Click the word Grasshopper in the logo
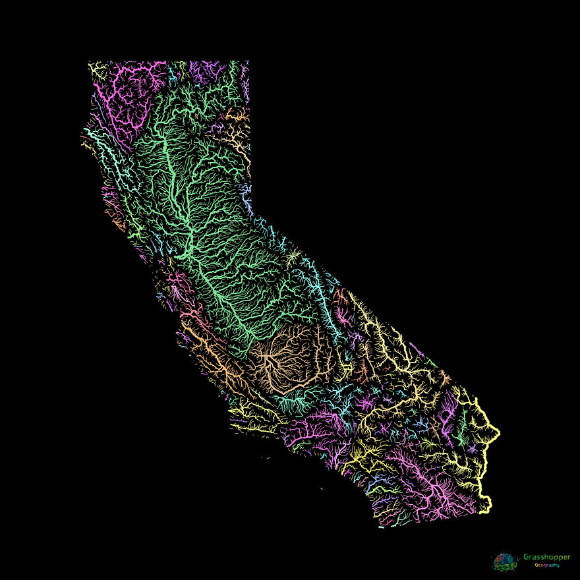click(546, 557)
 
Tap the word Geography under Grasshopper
click(546, 565)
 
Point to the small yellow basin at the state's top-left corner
click(98, 68)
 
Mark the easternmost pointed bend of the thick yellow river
click(498, 433)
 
